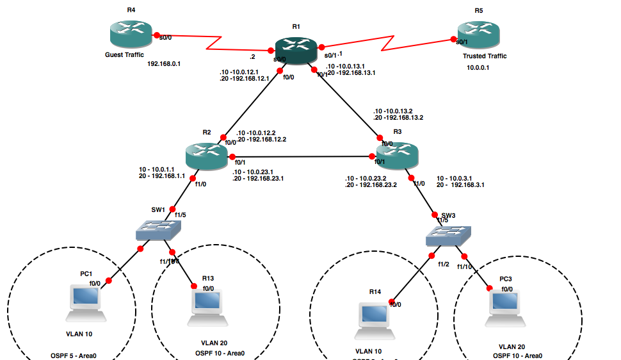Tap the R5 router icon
coord(478,36)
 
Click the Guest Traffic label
coord(124,55)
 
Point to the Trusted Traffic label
coord(485,56)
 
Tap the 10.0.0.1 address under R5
coord(478,67)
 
